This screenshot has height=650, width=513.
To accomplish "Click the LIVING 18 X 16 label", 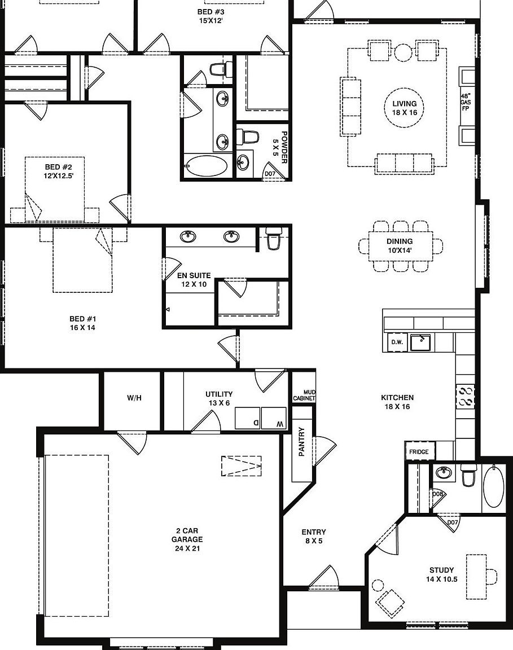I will [405, 108].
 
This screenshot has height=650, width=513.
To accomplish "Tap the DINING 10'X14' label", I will [400, 246].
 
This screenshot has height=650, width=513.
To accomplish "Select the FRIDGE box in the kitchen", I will [419, 451].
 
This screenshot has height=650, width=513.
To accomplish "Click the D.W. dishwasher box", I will [396, 342].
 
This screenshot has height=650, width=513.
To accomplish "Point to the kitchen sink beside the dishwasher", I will [420, 342].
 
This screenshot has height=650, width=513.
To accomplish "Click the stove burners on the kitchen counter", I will [466, 396].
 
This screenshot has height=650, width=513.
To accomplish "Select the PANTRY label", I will [301, 442].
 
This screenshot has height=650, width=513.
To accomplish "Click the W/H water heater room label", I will [134, 398].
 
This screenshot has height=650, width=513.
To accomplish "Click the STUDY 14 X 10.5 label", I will [441, 574].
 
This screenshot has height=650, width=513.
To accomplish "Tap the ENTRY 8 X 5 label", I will [314, 536].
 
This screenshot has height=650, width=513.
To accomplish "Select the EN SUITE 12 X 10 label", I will [194, 280].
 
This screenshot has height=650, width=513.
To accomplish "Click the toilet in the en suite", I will [274, 239].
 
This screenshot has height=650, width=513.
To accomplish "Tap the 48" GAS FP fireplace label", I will [466, 102].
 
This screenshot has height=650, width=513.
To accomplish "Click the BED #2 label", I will [59, 171].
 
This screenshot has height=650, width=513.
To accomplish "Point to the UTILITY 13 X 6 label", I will [219, 398].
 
